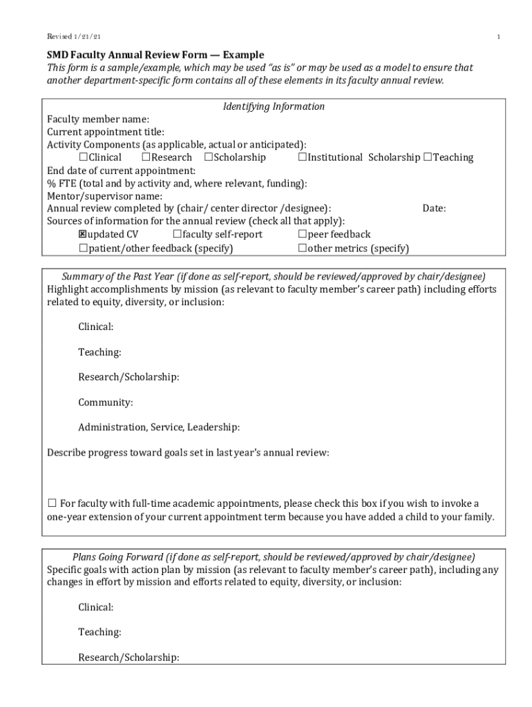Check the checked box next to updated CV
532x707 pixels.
tap(83, 235)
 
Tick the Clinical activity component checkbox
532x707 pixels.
tap(83, 157)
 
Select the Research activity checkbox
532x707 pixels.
tap(146, 157)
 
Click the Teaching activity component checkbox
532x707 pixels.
tap(428, 157)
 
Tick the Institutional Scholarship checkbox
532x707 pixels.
tap(303, 157)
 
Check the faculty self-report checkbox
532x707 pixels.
tap(178, 235)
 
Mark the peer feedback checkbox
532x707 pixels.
tap(303, 235)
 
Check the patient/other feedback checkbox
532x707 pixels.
tap(83, 248)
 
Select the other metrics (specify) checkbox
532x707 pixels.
tap(303, 248)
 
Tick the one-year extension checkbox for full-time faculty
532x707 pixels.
tap(52, 503)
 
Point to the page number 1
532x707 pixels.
tap(497, 37)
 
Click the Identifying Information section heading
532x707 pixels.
tap(274, 106)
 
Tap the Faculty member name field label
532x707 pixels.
tap(98, 119)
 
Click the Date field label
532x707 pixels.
tap(434, 209)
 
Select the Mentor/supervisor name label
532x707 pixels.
tap(105, 196)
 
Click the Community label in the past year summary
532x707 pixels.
tap(106, 403)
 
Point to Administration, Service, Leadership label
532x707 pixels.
tap(159, 427)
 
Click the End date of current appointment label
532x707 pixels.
tap(121, 171)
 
